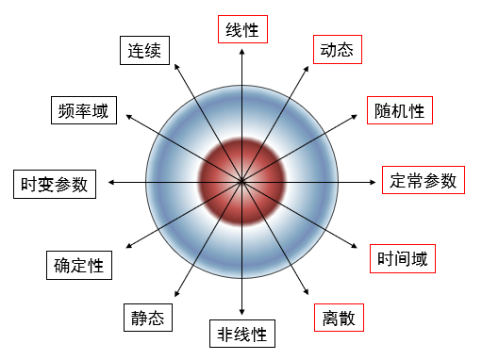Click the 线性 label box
click(x=241, y=29)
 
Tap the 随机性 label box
click(x=396, y=110)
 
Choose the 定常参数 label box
click(x=424, y=180)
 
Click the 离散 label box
click(x=337, y=319)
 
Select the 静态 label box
click(x=147, y=319)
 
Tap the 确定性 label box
click(x=78, y=264)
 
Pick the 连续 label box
click(x=146, y=51)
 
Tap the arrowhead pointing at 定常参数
click(x=374, y=180)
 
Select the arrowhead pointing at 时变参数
click(x=109, y=180)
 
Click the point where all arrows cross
click(x=241, y=180)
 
